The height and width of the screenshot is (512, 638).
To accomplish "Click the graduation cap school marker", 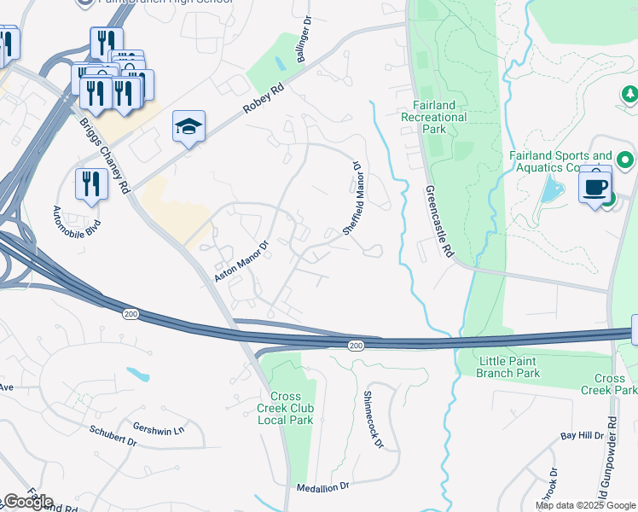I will point(188,128).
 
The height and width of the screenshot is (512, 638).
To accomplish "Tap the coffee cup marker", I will point(594,185).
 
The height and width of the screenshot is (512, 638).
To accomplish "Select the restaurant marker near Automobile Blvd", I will point(91,184).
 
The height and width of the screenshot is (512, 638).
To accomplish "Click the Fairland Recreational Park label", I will point(434,117).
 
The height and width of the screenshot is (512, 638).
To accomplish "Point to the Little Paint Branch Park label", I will point(508,367).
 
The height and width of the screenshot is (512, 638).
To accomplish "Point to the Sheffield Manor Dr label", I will point(352,199).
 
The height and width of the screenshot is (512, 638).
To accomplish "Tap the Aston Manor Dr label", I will point(241,261).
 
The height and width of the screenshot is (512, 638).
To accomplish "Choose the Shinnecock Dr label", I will point(374,419).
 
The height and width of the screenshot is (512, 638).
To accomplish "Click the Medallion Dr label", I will point(323,486).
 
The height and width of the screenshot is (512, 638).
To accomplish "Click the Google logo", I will point(29,502).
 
